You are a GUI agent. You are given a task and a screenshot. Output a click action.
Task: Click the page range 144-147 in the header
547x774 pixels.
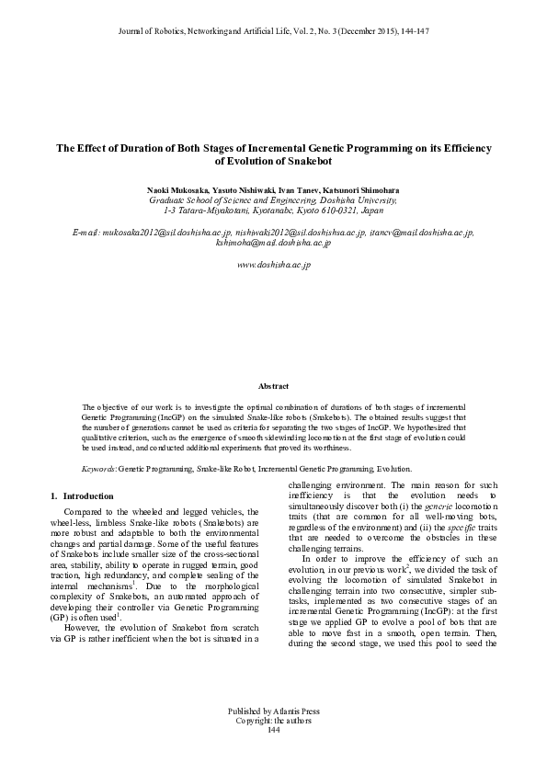[x=413, y=31]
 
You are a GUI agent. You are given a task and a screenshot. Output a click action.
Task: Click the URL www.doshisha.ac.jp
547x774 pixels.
[x=273, y=265]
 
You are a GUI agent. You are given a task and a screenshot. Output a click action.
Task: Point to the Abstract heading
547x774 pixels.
[x=273, y=387]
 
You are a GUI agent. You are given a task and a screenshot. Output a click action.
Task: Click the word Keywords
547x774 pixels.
[x=98, y=468]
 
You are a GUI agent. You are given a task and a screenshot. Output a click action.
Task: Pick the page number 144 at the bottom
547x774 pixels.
[x=273, y=730]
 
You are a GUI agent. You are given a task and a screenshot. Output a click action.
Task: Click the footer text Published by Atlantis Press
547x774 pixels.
[x=273, y=711]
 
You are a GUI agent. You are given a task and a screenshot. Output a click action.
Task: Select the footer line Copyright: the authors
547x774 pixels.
[x=273, y=721]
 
